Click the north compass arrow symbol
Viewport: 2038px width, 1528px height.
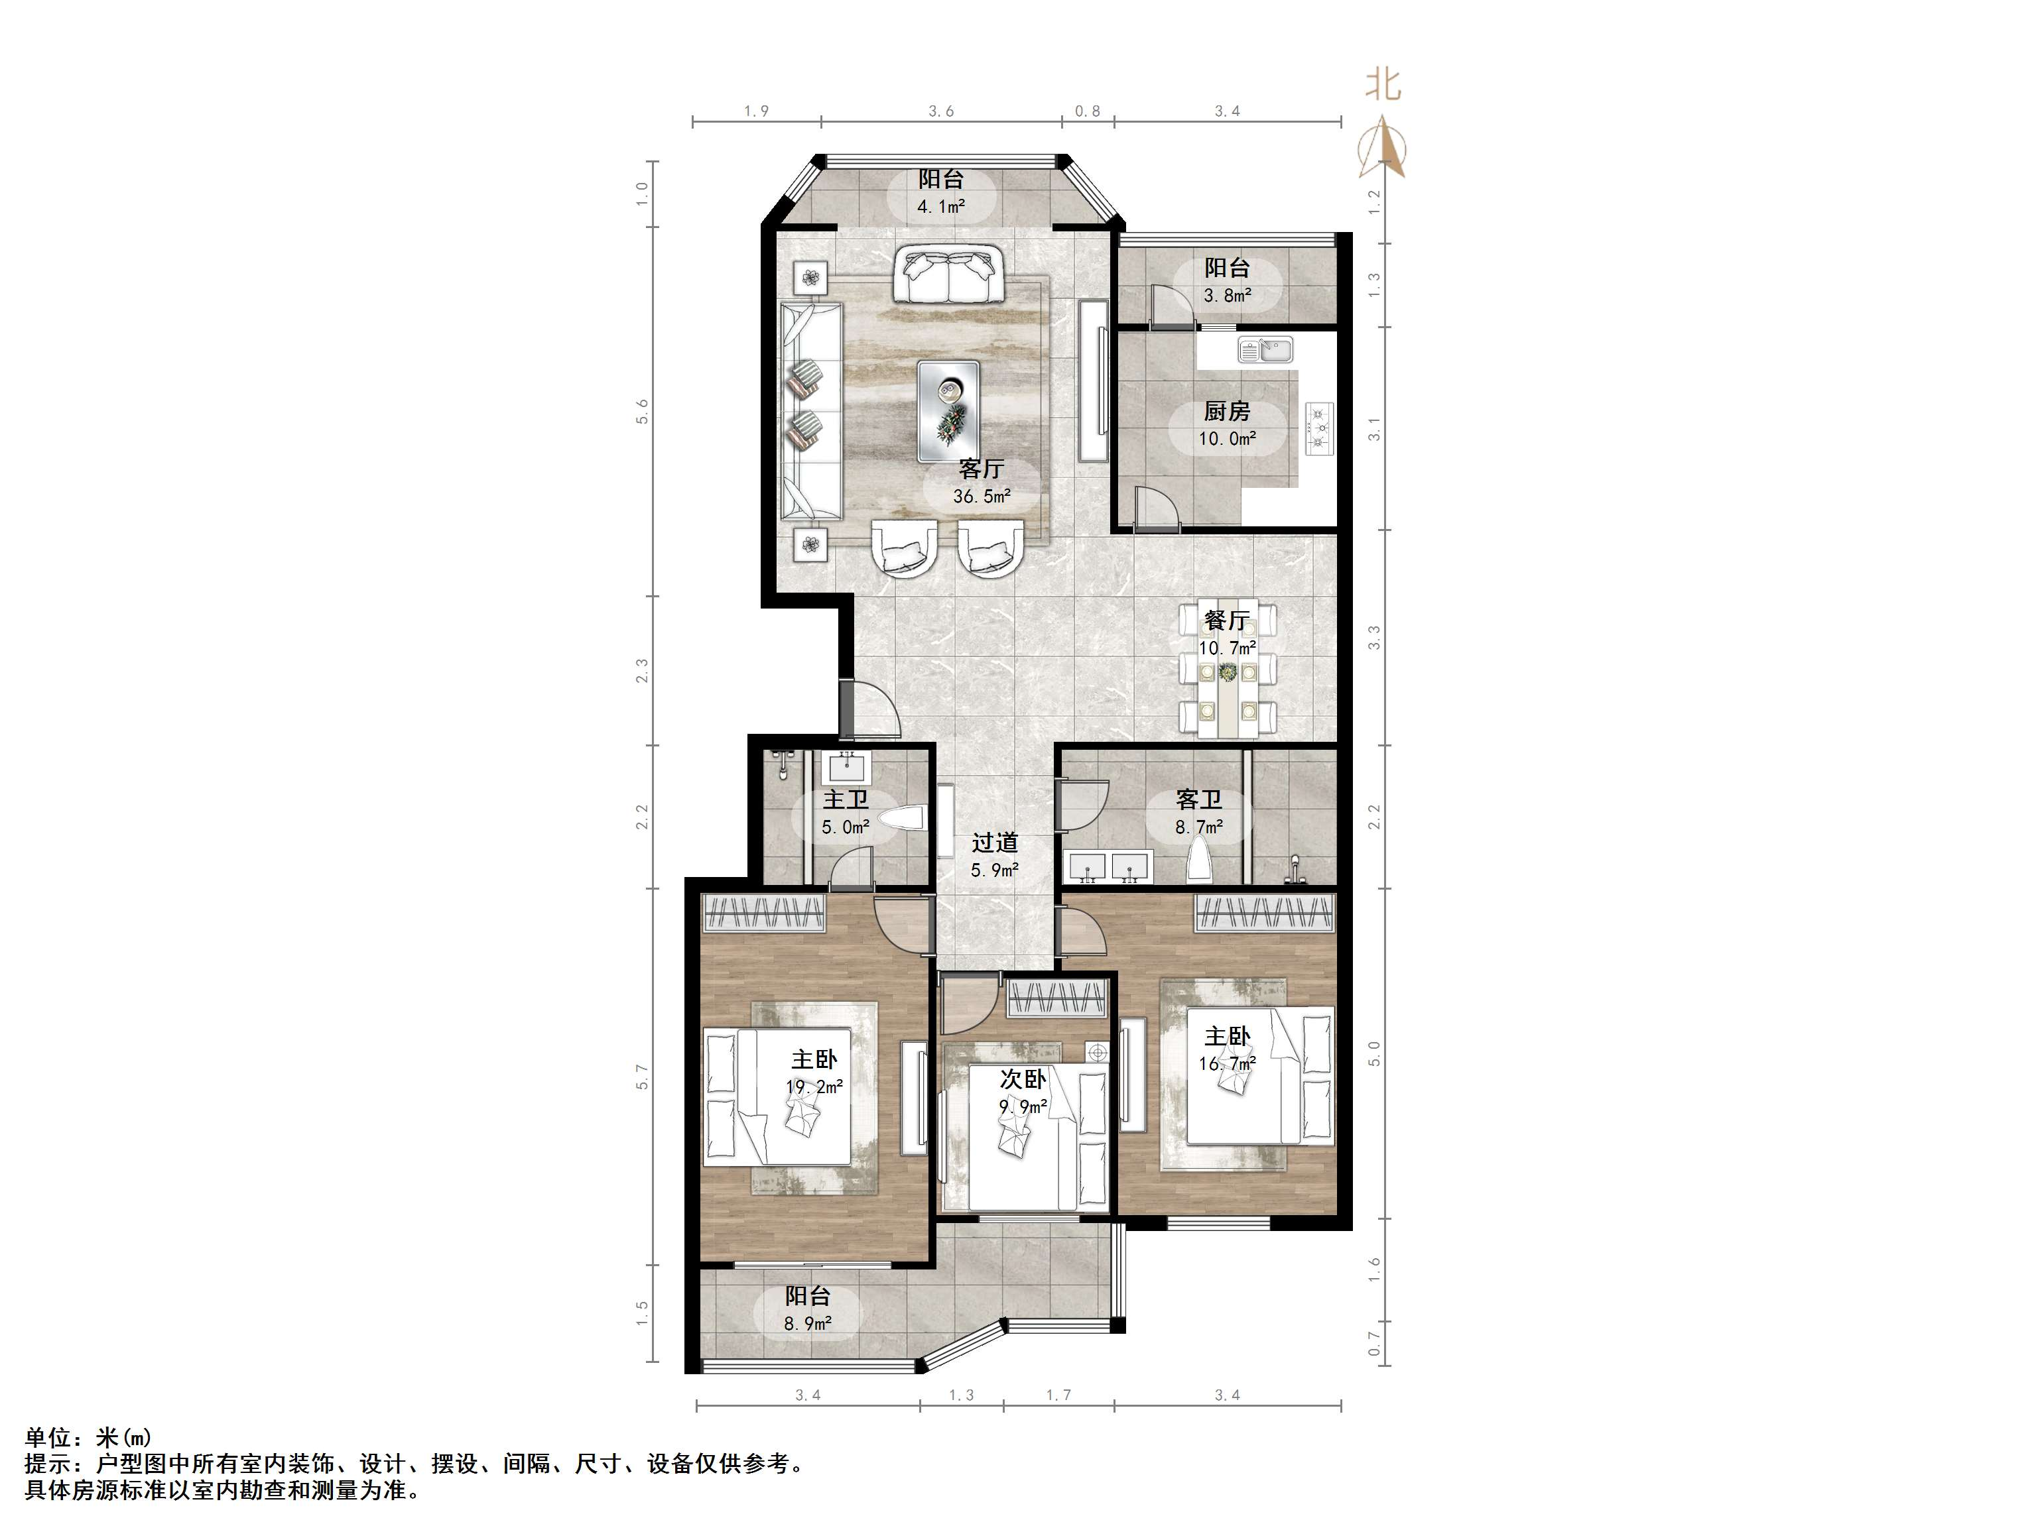pyautogui.click(x=1383, y=147)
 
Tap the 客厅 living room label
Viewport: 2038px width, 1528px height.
pyautogui.click(x=982, y=469)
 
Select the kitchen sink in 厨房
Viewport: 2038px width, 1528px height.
pyautogui.click(x=1265, y=350)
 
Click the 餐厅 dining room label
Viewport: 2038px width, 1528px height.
pyautogui.click(x=1226, y=620)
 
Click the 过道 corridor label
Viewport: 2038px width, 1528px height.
pyautogui.click(x=995, y=842)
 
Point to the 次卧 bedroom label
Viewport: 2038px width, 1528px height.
pyautogui.click(x=1023, y=1079)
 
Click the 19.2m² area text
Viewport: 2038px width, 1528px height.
pyautogui.click(x=814, y=1087)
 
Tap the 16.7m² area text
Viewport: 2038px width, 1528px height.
pyautogui.click(x=1227, y=1064)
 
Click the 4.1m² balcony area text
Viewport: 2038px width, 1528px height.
pyautogui.click(x=940, y=206)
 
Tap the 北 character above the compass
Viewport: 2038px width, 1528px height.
pyautogui.click(x=1383, y=86)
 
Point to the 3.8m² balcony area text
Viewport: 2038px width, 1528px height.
pyautogui.click(x=1227, y=296)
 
